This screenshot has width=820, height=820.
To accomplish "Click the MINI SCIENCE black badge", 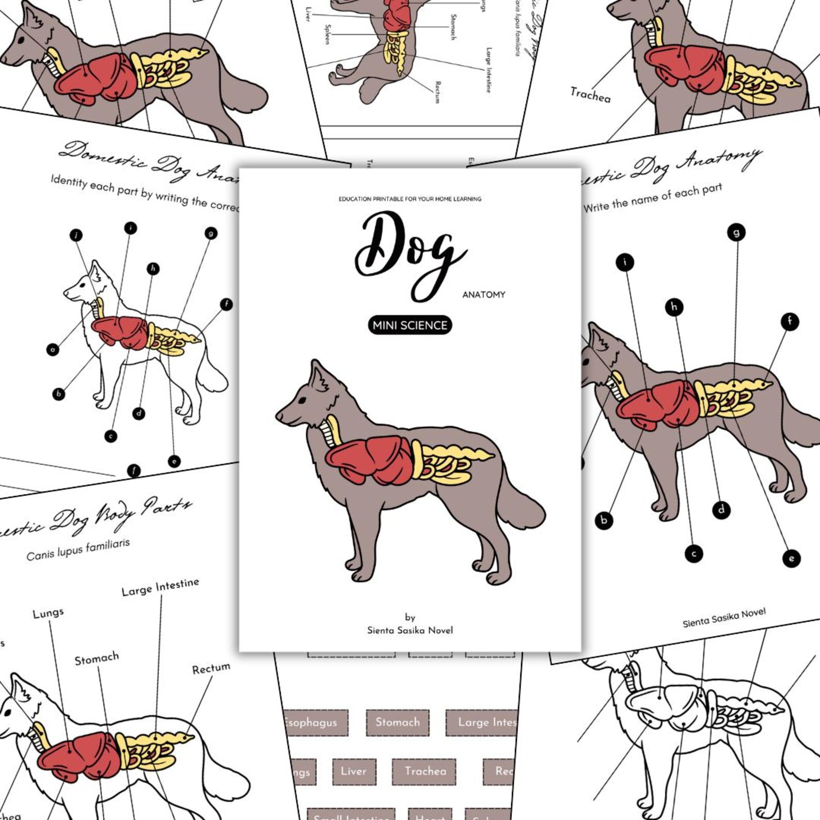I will pos(409,325).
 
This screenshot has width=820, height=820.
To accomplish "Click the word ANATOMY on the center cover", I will pos(483,295).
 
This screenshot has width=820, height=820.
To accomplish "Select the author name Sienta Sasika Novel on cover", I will pos(409,630).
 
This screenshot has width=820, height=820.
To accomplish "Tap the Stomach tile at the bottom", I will pos(397,722).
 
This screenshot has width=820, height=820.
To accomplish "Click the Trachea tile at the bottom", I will pos(424,771).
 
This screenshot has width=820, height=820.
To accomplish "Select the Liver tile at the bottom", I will pos(353,771).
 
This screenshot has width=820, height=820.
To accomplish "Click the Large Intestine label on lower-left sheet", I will pos(160,587).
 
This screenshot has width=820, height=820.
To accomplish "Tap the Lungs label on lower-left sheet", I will pos(48,613).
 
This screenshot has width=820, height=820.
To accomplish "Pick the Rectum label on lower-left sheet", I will pos(211,669).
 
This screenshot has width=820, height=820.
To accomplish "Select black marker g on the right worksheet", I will pos(736,232).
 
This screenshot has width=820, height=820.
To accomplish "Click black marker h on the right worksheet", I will pos(673,307).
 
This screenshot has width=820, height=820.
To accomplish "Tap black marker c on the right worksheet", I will pos(693,554).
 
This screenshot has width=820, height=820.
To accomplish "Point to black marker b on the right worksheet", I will pos(604,520).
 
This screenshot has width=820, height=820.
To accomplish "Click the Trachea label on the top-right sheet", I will pos(590,95).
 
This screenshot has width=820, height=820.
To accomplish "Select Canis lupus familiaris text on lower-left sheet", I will pos(78,549).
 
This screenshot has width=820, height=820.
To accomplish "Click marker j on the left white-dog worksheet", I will pos(76,235).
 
